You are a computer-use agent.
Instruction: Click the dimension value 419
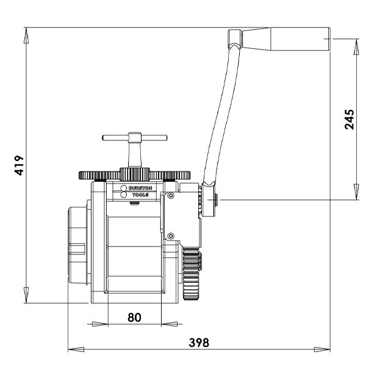coord(18,165)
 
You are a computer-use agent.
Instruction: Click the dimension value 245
coord(348,120)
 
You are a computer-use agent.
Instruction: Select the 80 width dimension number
coord(134,317)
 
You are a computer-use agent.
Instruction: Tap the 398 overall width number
coord(198,342)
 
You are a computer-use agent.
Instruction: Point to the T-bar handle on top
coord(134,137)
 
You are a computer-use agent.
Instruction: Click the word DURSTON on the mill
coord(140,188)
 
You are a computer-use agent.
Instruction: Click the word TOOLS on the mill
coord(140,195)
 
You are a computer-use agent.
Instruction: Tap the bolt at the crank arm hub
coord(217,198)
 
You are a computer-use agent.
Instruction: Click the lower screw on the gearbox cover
coord(171,236)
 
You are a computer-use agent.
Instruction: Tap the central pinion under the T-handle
coord(134,171)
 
